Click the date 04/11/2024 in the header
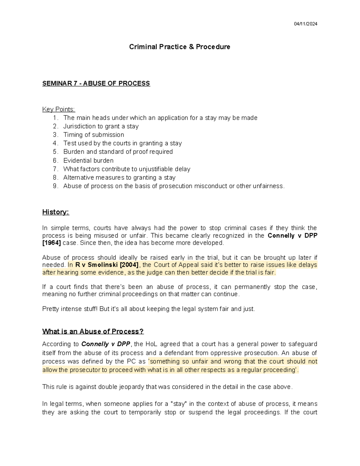point(306,24)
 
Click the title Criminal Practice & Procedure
point(179,47)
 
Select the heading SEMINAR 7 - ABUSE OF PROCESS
point(96,83)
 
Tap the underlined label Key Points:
point(58,109)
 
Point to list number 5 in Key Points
point(55,152)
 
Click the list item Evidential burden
point(88,161)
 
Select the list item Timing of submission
point(94,135)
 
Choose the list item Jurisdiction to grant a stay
point(101,126)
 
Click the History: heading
point(55,212)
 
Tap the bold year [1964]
point(51,243)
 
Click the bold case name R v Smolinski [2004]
point(106,265)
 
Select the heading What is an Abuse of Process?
point(93,332)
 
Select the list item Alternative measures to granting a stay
point(119,178)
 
